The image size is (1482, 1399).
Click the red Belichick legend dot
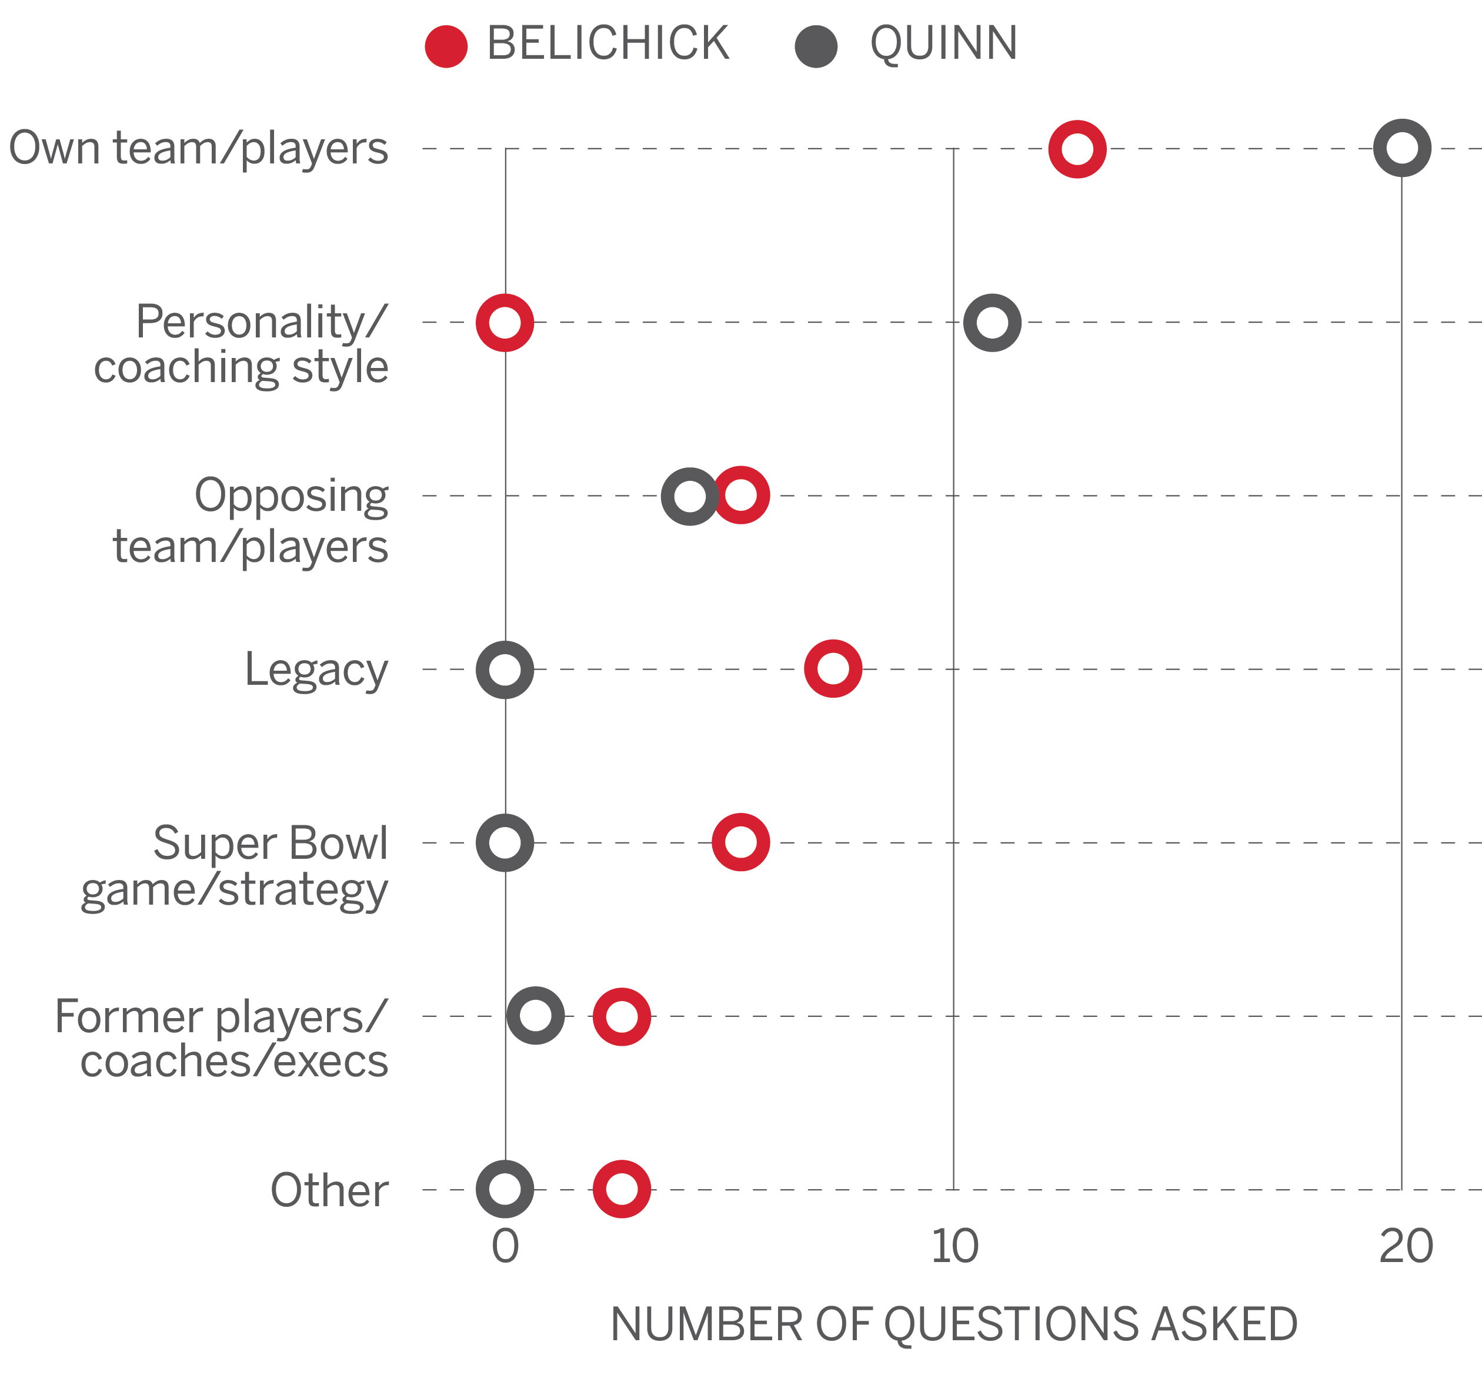point(446,46)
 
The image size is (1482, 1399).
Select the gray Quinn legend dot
point(816,46)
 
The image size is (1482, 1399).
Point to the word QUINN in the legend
point(943,43)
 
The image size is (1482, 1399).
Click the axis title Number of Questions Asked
point(954,1324)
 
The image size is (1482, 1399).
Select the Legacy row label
point(316,670)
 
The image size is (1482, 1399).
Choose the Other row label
point(329,1190)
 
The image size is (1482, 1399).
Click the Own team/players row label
point(199,148)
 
